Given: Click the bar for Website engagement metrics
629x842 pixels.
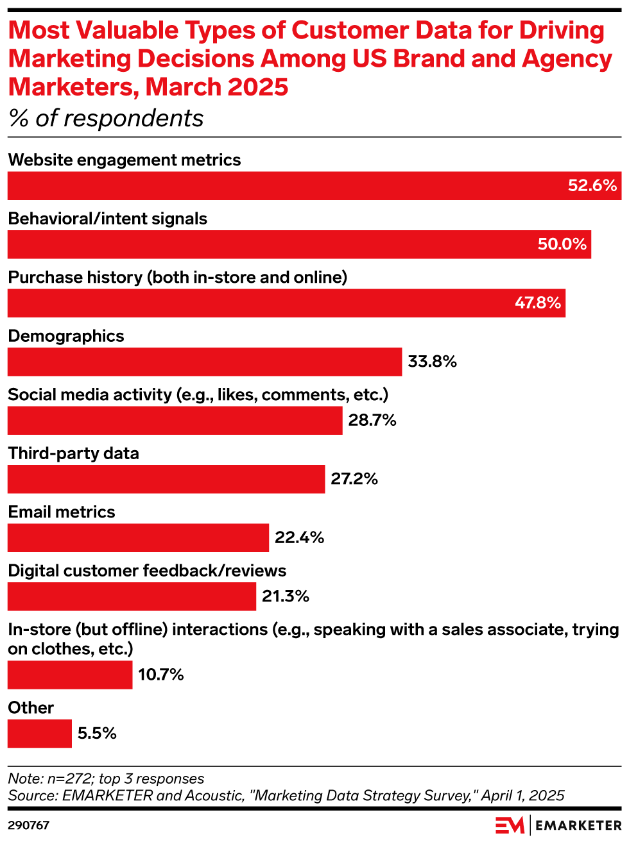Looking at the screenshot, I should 314,186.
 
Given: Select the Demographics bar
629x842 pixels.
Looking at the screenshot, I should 205,362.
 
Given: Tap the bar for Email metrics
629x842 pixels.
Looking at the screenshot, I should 138,537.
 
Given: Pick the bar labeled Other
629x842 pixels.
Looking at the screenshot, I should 40,734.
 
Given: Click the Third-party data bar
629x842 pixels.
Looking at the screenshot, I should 166,479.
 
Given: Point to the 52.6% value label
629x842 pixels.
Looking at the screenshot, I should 592,186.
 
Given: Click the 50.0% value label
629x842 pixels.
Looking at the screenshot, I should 562,244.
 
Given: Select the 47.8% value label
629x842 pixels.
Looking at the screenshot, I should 538,303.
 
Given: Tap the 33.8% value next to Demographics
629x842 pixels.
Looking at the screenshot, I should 432,362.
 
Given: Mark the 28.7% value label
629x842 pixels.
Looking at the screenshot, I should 372,421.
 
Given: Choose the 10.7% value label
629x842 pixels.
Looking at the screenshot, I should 161,675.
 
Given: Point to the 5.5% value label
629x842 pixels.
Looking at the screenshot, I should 97,734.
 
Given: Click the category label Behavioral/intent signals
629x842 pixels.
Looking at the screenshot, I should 107,219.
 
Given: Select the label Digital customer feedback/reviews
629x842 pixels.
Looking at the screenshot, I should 147,571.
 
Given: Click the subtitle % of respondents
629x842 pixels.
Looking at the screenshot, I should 106,119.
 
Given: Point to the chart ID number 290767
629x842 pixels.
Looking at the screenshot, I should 28,825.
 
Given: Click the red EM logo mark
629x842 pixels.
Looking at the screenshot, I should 510,825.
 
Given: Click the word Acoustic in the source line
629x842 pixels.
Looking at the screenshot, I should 213,796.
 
